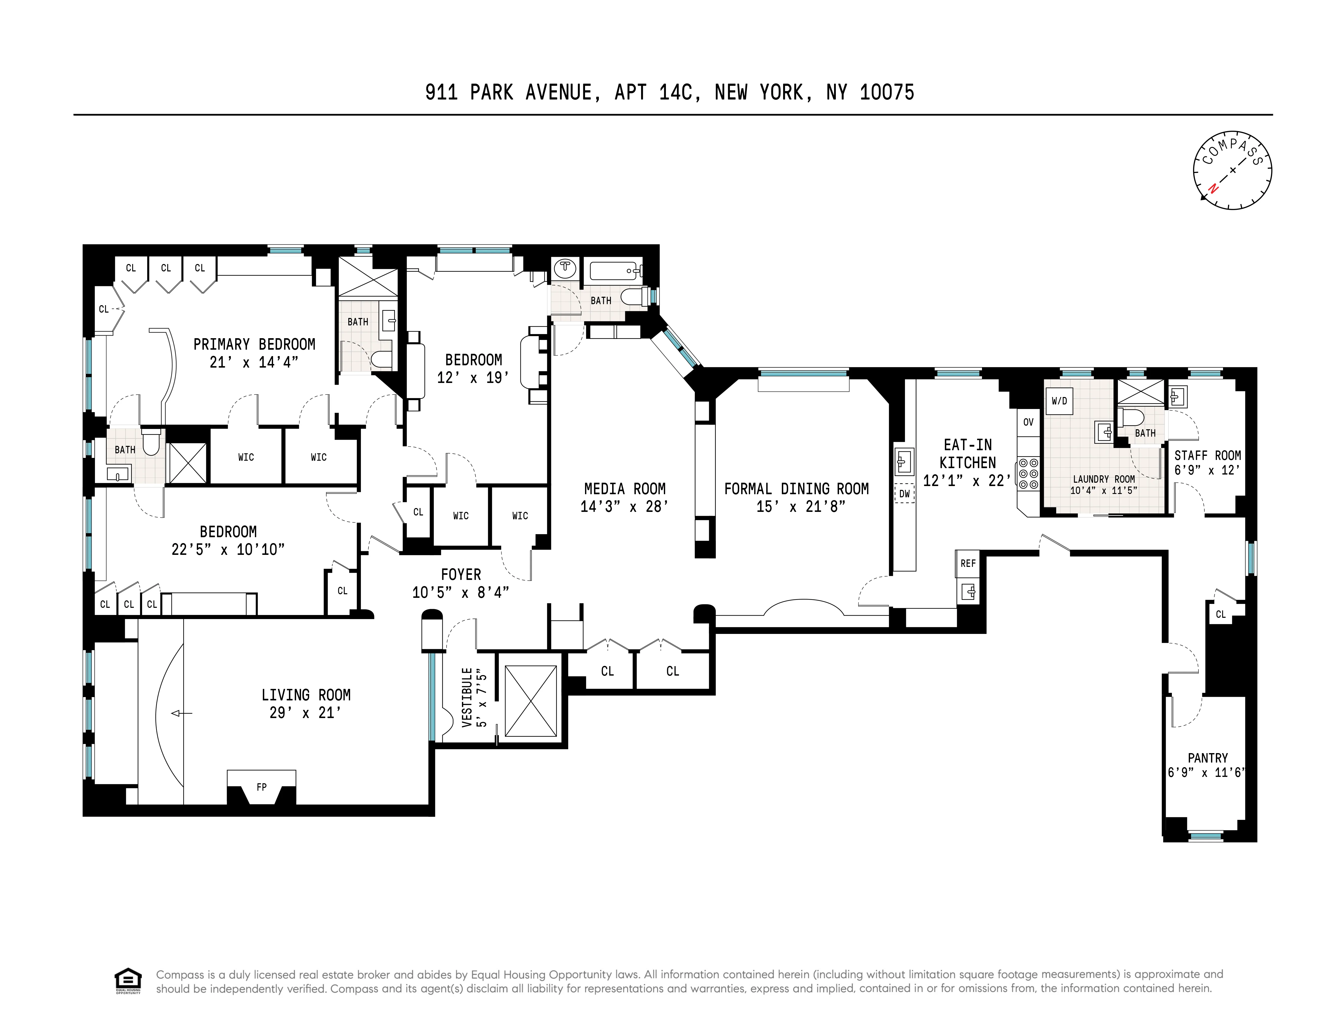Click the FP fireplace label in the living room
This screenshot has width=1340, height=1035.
coord(261,787)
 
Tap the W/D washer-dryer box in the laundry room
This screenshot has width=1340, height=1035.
coord(1059,401)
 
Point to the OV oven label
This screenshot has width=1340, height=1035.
coord(1028,422)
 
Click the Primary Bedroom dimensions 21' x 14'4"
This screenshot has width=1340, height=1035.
coord(254,362)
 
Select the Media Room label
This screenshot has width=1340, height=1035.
coord(625,489)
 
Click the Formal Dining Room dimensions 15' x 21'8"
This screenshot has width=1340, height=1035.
coord(796,507)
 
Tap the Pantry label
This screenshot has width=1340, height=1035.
coord(1207,758)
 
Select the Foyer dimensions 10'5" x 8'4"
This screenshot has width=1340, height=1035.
coord(460,592)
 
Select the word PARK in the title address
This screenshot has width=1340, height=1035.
coord(491,93)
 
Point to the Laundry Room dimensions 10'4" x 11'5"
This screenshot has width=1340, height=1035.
coord(1104,491)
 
